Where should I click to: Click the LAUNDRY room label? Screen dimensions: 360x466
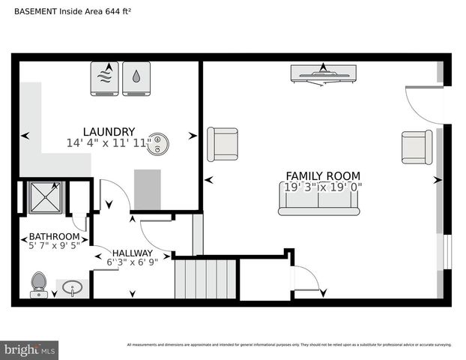[109, 131]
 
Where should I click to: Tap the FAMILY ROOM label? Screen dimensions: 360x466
[323, 176]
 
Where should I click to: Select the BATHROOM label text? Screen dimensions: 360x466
[54, 235]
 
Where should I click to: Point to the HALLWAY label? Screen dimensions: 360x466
[133, 253]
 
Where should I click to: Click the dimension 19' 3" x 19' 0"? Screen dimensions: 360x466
[323, 187]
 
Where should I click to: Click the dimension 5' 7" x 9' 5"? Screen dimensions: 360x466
[54, 244]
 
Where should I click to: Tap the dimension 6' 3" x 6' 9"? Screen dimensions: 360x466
[133, 262]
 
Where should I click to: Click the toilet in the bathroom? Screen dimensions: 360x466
[39, 285]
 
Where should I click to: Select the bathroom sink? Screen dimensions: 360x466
[73, 287]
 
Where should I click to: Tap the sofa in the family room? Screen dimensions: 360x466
[318, 199]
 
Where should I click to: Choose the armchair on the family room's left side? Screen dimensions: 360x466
[222, 143]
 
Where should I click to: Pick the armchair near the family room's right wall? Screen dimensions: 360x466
[417, 147]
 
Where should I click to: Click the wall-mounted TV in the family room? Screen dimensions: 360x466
[323, 73]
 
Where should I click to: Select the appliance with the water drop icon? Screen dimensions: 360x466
[136, 78]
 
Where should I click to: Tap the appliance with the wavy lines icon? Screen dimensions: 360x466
[104, 78]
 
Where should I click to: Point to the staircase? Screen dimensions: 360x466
[205, 278]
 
